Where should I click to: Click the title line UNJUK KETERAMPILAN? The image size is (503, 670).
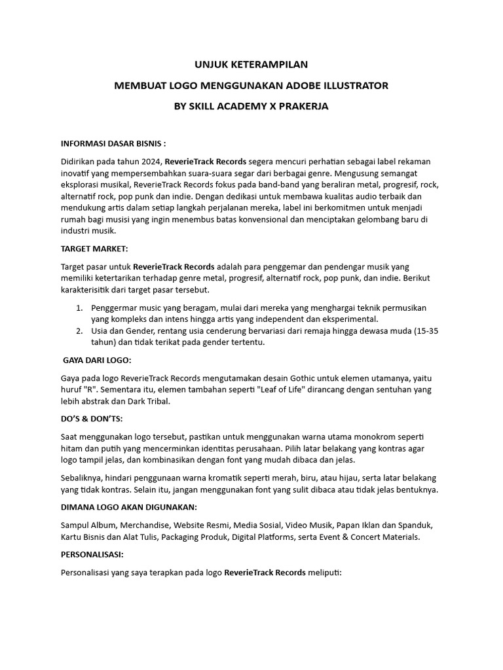point(251,65)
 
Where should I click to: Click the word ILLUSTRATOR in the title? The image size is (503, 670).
point(354,86)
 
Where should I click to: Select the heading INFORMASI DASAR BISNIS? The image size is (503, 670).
point(113,143)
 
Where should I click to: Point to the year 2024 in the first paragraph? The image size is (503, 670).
point(150,161)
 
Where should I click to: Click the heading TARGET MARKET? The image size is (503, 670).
point(94,249)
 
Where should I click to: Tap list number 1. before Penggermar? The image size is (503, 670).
point(79,308)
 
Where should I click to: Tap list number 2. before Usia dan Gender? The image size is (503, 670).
point(79,331)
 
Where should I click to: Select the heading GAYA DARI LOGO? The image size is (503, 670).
point(97,360)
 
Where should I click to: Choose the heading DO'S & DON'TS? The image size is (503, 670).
point(92,418)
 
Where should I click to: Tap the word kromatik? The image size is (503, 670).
point(221,478)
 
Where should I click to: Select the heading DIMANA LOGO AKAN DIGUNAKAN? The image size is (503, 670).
point(129,507)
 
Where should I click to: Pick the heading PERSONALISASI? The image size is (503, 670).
point(92,554)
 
